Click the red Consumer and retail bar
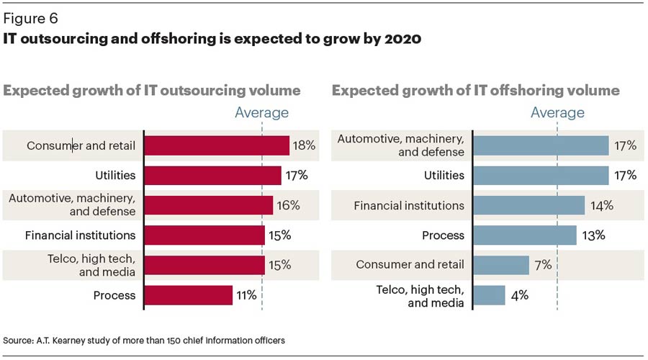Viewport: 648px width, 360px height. click(217, 146)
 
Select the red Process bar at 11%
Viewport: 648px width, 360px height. click(189, 295)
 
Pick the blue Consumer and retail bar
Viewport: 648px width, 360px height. click(503, 265)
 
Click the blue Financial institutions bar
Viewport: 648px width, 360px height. click(530, 206)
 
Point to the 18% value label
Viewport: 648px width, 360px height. click(303, 146)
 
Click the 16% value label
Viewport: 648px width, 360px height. click(287, 206)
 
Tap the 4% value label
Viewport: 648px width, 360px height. click(520, 295)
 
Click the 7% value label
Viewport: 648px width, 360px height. click(543, 265)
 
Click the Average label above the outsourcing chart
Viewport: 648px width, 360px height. click(262, 112)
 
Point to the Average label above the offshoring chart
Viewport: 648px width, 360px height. click(557, 112)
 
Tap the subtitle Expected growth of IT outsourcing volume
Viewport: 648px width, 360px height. click(152, 91)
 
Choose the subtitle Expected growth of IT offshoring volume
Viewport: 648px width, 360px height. click(475, 91)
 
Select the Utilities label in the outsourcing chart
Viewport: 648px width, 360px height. click(116, 176)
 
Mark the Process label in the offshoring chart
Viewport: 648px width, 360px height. click(444, 235)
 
